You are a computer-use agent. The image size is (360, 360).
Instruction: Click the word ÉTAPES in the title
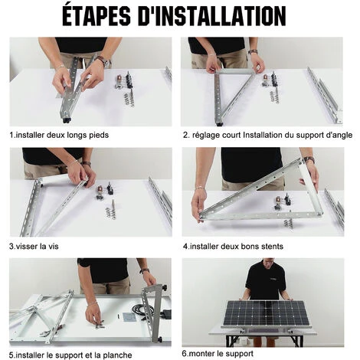coord(97,15)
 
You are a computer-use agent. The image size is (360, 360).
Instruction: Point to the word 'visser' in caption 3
coord(26,247)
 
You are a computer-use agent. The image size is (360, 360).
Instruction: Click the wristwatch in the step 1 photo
coord(104,61)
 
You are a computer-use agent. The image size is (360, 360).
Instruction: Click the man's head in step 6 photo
coord(266,263)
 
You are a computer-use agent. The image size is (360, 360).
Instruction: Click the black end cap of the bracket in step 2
coord(220,124)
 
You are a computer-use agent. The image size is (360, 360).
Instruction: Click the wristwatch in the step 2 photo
coord(253,52)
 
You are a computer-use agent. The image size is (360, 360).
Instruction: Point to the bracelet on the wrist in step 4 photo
coord(200,188)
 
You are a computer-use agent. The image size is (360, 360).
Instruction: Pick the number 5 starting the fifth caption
coord(11,355)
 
